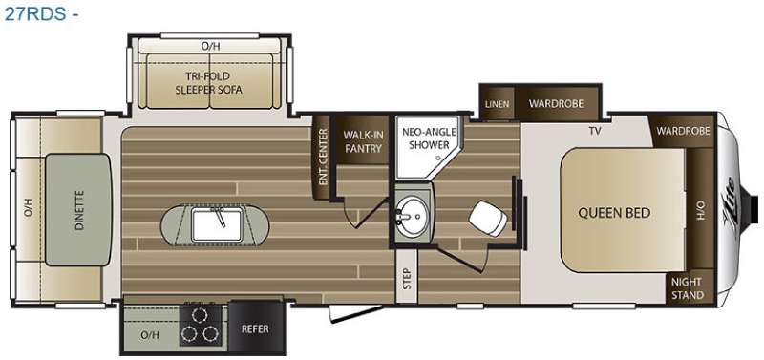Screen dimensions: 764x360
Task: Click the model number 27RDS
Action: tap(34, 13)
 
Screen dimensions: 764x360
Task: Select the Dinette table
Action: tap(78, 209)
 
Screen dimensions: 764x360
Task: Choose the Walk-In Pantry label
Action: tap(363, 141)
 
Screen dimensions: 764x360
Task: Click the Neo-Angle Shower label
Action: tap(429, 138)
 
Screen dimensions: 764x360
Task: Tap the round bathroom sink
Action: tap(413, 214)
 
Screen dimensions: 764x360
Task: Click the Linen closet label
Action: tap(497, 104)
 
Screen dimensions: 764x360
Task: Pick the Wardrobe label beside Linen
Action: tap(556, 103)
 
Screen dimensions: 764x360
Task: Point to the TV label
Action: tap(593, 130)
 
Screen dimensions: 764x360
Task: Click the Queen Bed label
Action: tap(614, 213)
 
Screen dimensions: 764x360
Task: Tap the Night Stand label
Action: tap(687, 287)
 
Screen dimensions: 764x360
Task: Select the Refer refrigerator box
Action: tap(255, 328)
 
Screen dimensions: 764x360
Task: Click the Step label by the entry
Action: tap(408, 279)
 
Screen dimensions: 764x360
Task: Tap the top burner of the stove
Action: tap(198, 315)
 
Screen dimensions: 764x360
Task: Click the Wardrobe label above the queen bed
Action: tap(683, 131)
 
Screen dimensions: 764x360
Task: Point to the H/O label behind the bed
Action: tap(701, 211)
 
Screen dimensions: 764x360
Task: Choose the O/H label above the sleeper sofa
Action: tap(210, 46)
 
